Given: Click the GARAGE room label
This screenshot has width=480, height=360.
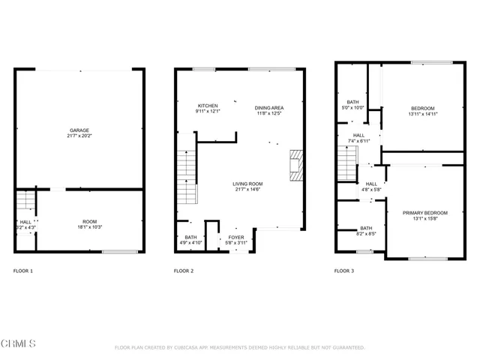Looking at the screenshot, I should point(79,130).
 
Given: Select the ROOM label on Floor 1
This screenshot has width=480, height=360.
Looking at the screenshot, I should point(90,221).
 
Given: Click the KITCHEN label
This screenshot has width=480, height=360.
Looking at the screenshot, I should point(208,106).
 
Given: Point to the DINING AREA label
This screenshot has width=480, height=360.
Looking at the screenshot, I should point(270,107).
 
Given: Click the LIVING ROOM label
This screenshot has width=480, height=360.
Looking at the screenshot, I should point(247,183).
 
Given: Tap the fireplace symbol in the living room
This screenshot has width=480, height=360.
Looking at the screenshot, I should point(296,164).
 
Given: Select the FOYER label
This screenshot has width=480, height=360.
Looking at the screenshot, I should point(236,237).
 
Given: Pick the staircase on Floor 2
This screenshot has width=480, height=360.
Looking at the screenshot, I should point(185,176).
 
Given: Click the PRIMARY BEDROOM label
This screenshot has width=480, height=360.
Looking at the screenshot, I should point(424,213).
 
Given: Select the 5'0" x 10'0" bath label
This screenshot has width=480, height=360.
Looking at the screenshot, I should point(352,108).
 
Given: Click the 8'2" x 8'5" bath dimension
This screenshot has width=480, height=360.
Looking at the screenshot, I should point(365,234).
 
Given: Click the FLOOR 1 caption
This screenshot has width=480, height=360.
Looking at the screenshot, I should point(23,271).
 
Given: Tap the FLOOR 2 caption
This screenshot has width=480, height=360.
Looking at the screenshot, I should point(184,271).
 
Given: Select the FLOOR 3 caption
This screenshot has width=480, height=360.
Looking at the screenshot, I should point(344,271).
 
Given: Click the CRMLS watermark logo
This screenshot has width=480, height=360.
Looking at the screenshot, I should point(19,343).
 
